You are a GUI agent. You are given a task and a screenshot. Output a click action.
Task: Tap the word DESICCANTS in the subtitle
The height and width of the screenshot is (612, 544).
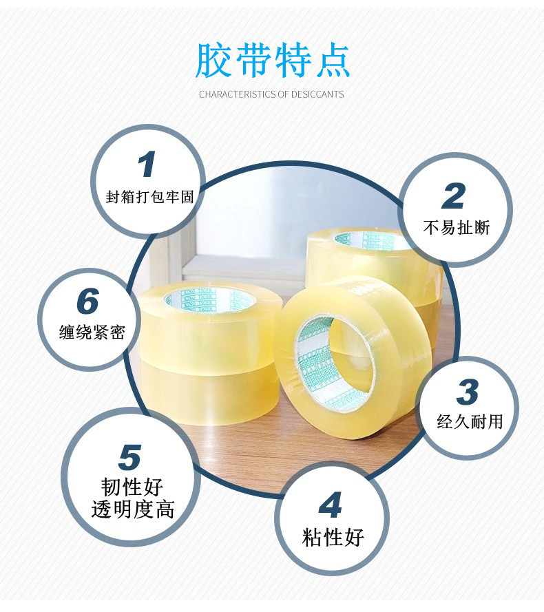pyautogui.click(x=318, y=94)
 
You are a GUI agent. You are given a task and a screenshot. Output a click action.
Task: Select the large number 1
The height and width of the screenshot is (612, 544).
pyautogui.click(x=147, y=165)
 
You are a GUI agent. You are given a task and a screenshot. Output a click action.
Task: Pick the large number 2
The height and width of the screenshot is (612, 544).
pyautogui.click(x=454, y=196)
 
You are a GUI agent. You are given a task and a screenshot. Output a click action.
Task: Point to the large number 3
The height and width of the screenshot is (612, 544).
pyautogui.click(x=468, y=393)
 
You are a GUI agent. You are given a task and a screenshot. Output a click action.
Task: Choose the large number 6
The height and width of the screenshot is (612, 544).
pyautogui.click(x=88, y=302)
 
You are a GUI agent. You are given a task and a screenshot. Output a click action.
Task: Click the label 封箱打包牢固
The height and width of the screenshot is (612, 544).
pyautogui.click(x=150, y=197)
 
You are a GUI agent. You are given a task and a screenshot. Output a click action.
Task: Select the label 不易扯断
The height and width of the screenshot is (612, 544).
pyautogui.click(x=456, y=227)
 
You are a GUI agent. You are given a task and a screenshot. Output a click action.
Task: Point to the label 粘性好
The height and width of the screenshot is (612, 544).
pyautogui.click(x=333, y=536)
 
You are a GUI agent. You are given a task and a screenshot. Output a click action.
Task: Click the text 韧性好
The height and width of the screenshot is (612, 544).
pyautogui.click(x=132, y=487)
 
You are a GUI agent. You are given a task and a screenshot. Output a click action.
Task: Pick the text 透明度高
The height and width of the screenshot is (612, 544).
pyautogui.click(x=133, y=509)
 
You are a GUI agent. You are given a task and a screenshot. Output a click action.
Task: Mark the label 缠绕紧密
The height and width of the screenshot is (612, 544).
pyautogui.click(x=92, y=333)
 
